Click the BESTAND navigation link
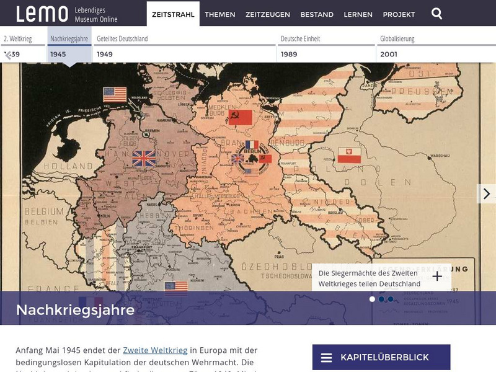[317, 14]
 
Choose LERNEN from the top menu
[358, 14]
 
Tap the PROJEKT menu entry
[399, 14]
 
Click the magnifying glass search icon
[437, 14]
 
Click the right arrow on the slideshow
[487, 193]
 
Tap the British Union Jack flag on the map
[144, 159]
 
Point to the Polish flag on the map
[349, 155]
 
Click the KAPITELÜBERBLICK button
[381, 358]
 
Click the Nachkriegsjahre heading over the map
[75, 309]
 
